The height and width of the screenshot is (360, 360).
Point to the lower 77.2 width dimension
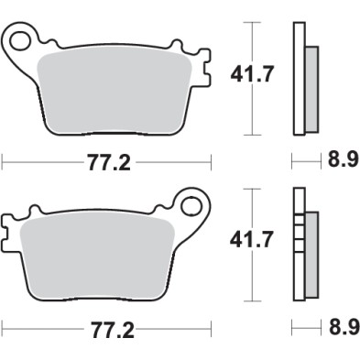tap(109, 327)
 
